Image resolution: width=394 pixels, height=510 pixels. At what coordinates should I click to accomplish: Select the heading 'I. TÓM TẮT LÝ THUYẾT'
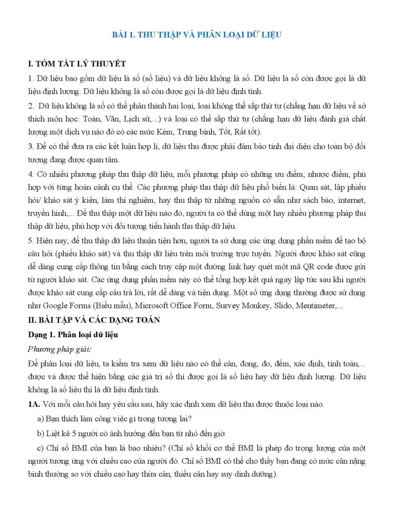point(76,64)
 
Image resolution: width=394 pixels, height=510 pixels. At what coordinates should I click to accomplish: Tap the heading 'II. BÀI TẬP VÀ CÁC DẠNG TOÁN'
point(94,320)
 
